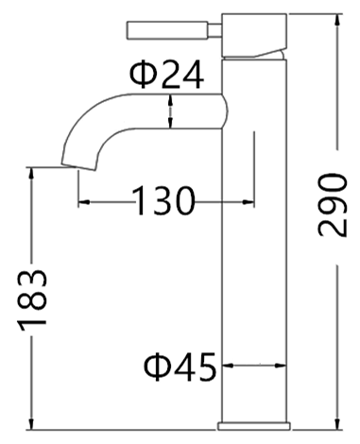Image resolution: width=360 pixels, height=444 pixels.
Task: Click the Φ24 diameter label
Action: coord(167,75)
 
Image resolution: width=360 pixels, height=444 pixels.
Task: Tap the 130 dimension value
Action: coord(163,200)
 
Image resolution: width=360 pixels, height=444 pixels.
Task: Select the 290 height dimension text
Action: coord(333,205)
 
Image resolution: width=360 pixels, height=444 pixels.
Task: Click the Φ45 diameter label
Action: coord(180,367)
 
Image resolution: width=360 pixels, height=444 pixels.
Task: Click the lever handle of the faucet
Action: coord(167,30)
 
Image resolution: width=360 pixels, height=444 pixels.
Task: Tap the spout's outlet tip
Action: coord(78,167)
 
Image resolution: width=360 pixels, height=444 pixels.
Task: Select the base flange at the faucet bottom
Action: coord(254,426)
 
